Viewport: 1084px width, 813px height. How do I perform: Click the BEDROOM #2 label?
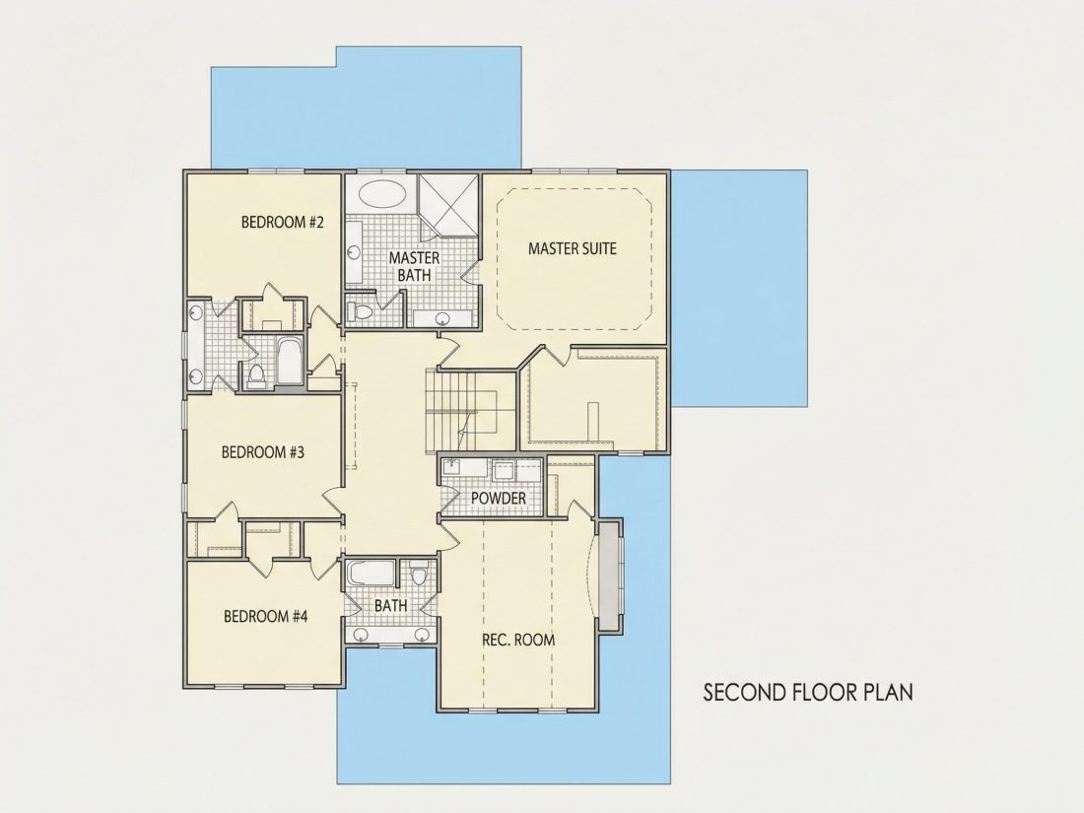(x=283, y=222)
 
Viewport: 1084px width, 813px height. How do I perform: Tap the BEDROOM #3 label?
(x=263, y=452)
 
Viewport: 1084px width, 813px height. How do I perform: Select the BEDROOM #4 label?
(x=265, y=616)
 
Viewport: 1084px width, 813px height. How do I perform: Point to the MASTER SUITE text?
(x=573, y=248)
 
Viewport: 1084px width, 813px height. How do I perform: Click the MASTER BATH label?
(x=414, y=266)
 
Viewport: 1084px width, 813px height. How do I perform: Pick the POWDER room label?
(x=499, y=498)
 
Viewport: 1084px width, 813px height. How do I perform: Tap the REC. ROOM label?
(x=518, y=640)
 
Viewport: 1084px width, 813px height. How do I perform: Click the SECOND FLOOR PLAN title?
(x=808, y=692)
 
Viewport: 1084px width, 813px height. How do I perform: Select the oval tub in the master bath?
(x=381, y=193)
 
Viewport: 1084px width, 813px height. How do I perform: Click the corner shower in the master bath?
(x=448, y=205)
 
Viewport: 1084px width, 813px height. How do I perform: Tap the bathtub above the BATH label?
(x=371, y=574)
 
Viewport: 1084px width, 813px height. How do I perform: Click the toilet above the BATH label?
(x=419, y=574)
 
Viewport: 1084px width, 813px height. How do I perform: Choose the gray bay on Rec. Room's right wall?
(x=609, y=576)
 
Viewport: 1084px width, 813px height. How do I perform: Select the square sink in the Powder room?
(x=502, y=471)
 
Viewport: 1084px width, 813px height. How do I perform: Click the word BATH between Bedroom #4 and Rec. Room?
(x=390, y=606)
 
